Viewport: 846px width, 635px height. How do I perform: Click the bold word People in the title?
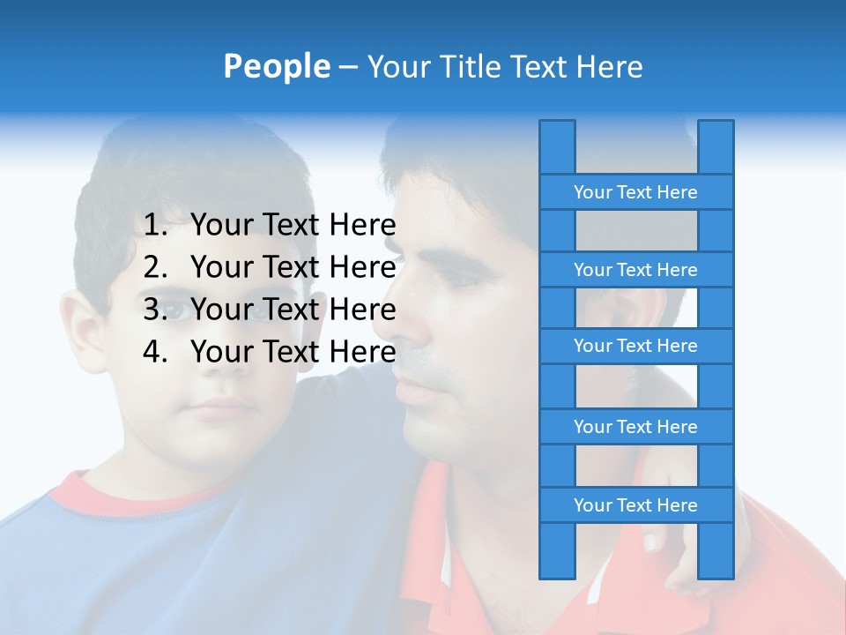(x=276, y=66)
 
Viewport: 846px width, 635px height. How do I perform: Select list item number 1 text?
(x=293, y=226)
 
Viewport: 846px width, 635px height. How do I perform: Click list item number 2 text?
(x=293, y=267)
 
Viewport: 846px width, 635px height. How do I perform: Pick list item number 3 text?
(x=293, y=310)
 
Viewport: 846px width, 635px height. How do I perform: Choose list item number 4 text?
(x=293, y=352)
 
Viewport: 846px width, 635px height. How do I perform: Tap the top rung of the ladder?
(x=635, y=192)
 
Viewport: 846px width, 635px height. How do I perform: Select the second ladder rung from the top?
(x=635, y=270)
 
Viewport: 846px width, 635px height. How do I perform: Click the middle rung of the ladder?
(x=635, y=346)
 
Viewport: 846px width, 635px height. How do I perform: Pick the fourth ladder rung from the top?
(x=635, y=427)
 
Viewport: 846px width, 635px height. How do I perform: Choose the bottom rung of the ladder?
(x=635, y=505)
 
